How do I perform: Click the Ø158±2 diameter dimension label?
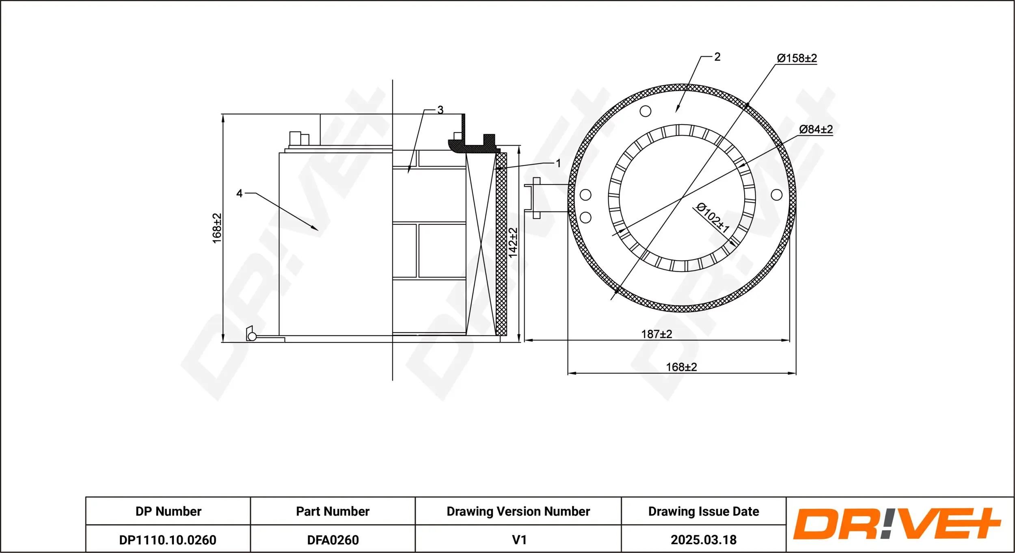click(797, 58)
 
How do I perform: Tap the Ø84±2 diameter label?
click(816, 129)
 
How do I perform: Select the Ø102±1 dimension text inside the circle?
click(713, 218)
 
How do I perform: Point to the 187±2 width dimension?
click(657, 334)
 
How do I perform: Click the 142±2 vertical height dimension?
click(513, 243)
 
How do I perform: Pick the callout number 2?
click(717, 57)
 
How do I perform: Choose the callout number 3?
click(440, 110)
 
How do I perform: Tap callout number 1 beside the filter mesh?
click(558, 163)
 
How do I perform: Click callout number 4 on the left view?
click(240, 194)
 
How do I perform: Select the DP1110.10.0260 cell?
click(168, 540)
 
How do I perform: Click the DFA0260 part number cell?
click(333, 540)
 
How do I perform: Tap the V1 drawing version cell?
click(519, 540)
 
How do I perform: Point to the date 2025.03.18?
click(704, 540)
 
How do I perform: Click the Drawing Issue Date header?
click(704, 511)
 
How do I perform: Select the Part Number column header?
click(333, 511)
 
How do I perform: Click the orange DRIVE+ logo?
click(897, 524)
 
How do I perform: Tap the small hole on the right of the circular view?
click(777, 195)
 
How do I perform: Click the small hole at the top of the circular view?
click(646, 111)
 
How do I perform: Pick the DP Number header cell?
click(168, 511)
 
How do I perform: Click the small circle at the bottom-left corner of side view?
click(252, 336)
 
